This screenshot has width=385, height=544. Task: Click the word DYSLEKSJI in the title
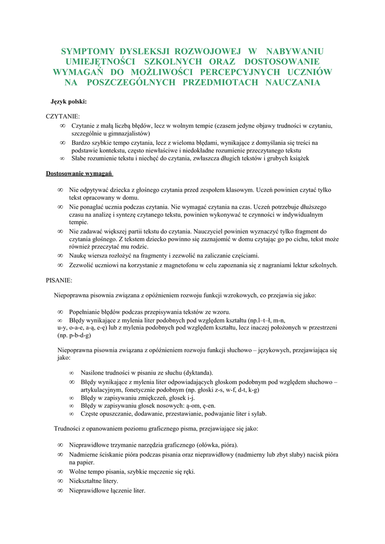tap(147, 52)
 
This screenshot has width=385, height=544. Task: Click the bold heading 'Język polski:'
tap(68, 101)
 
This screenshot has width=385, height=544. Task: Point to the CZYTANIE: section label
tap(63, 116)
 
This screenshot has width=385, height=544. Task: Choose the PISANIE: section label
tap(60, 279)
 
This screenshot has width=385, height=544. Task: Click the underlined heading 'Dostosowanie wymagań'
tap(79, 173)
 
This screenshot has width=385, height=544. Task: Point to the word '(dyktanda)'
tap(196, 372)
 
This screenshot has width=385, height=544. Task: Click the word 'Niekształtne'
tap(89, 481)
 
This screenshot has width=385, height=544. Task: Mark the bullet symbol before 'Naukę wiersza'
tap(60, 256)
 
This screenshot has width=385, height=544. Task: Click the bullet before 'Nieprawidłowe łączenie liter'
tap(60, 490)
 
